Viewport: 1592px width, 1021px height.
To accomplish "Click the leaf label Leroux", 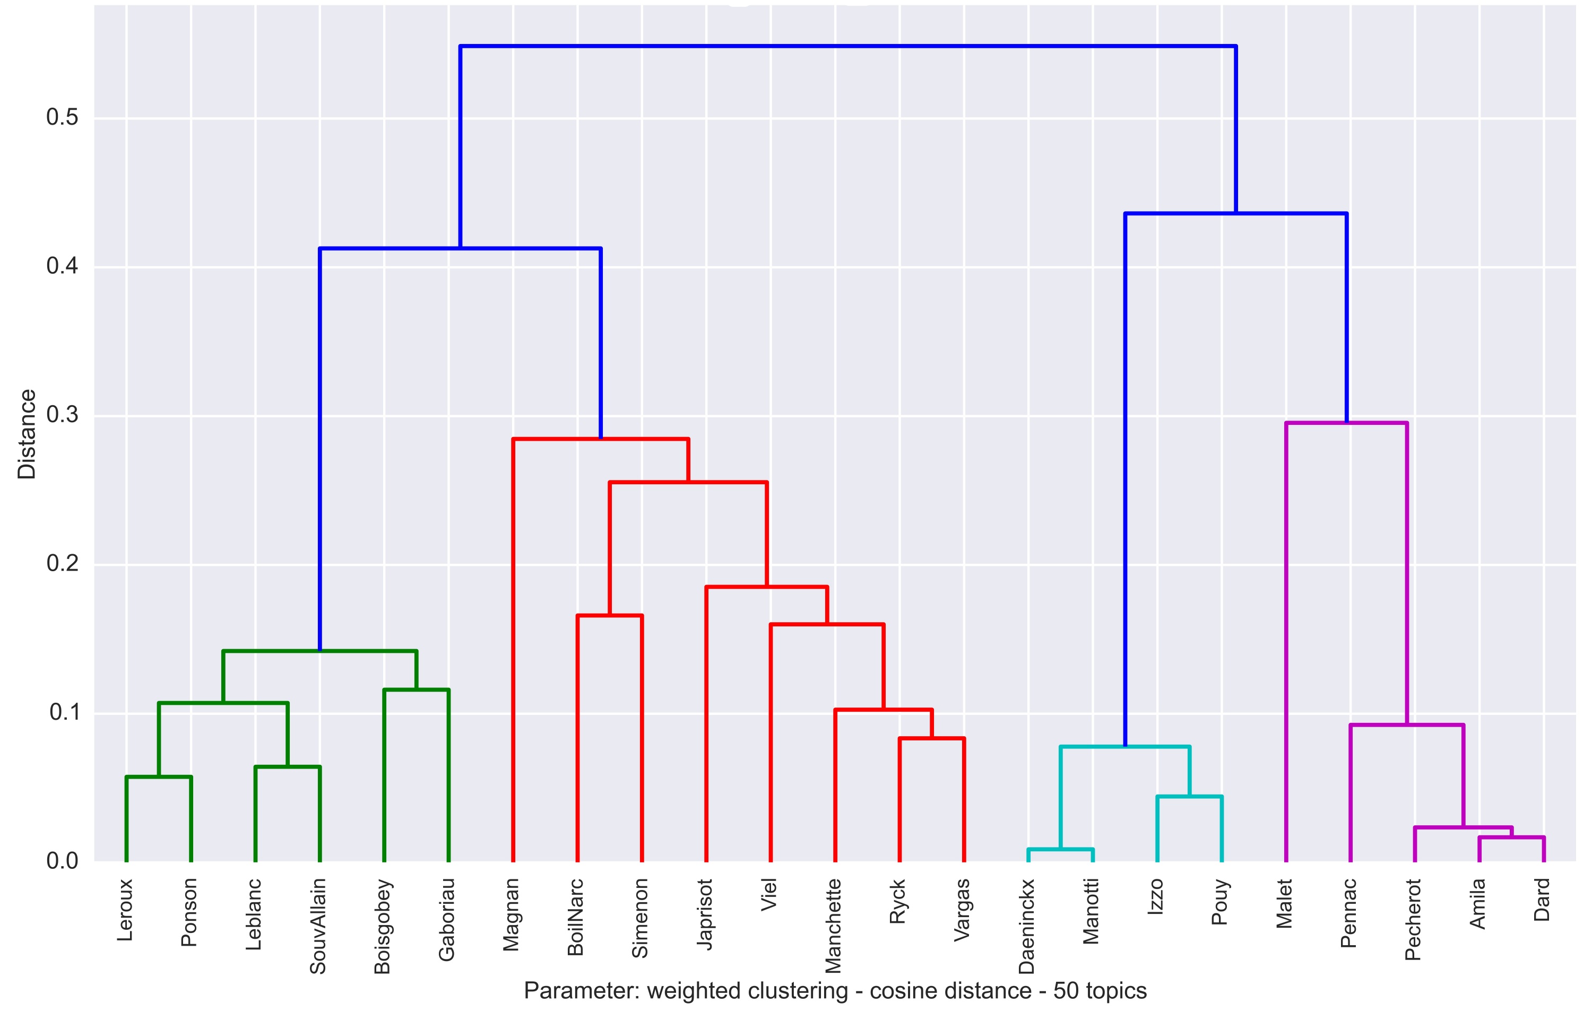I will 125,910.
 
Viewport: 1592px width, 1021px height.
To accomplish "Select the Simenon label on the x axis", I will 639,918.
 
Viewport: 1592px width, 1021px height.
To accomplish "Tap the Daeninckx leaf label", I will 1027,926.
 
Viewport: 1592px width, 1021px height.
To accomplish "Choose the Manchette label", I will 833,926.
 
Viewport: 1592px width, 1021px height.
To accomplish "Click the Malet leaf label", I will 1284,903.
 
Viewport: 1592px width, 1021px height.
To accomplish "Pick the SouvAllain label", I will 318,926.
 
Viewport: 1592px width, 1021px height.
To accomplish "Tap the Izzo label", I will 1156,897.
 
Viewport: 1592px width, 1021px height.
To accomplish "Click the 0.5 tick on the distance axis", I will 62,117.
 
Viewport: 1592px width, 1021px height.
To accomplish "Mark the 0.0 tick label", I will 62,861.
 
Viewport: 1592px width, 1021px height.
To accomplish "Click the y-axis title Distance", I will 27,434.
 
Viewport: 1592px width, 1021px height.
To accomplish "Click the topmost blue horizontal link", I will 848,47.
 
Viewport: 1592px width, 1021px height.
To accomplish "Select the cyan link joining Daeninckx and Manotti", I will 1060,849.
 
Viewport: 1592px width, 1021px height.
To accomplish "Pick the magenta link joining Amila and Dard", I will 1512,837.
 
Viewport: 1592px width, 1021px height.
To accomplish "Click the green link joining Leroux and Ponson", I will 159,777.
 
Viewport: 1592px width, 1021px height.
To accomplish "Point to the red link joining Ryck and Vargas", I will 931,738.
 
